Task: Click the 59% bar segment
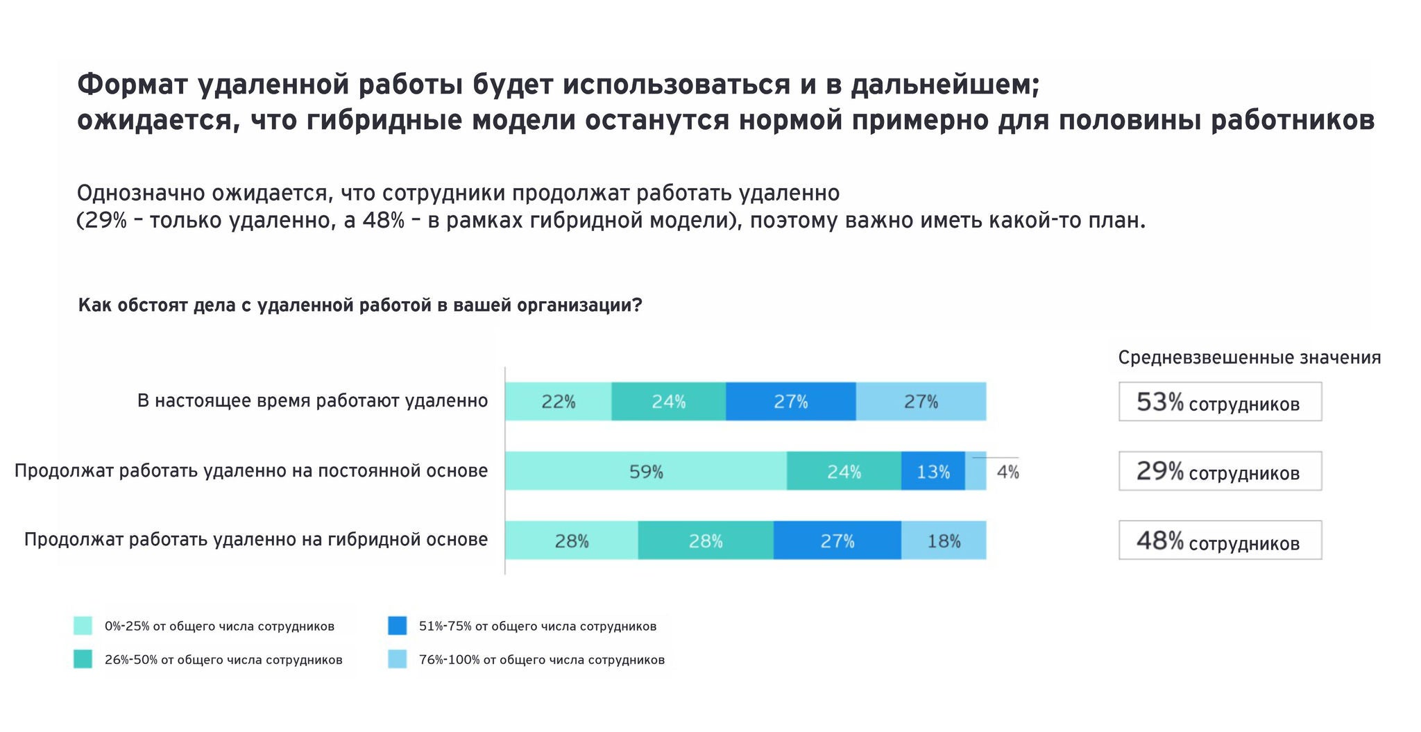[x=645, y=471]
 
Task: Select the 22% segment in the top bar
[x=558, y=401]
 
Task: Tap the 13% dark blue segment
[x=933, y=471]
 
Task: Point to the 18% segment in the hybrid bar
[x=944, y=541]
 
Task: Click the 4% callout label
[x=1007, y=472]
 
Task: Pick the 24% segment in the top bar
[x=668, y=401]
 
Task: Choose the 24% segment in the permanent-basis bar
[x=844, y=471]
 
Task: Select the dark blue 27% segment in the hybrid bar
[x=837, y=541]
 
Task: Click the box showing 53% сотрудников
[x=1219, y=402]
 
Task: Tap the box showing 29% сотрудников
[x=1219, y=471]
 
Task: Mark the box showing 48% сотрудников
[x=1219, y=541]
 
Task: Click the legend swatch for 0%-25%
[x=83, y=626]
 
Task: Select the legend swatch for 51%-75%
[x=397, y=625]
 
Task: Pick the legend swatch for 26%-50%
[x=83, y=659]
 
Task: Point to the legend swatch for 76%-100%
[x=397, y=659]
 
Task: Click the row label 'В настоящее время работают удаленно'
[x=312, y=400]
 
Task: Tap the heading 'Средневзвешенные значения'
[x=1249, y=357]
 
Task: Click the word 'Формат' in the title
[x=133, y=85]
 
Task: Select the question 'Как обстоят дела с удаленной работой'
[x=359, y=305]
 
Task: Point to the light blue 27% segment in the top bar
[x=921, y=401]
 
